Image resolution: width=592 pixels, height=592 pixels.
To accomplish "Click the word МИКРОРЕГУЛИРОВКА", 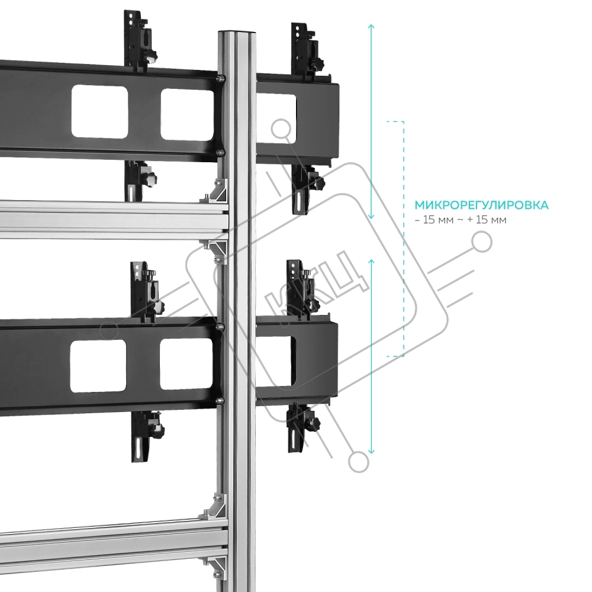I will (481, 205).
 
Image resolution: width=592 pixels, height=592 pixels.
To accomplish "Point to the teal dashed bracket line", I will (403, 237).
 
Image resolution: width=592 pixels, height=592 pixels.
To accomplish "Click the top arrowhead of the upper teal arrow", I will (371, 27).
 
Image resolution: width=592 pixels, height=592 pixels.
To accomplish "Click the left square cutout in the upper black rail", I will (100, 110).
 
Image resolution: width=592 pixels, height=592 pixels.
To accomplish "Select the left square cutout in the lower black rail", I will (98, 366).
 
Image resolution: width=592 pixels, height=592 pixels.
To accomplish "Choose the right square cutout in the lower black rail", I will (186, 364).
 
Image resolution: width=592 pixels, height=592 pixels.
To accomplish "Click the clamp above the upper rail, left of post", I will (140, 40).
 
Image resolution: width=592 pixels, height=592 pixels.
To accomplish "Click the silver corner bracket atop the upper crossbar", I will (215, 190).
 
